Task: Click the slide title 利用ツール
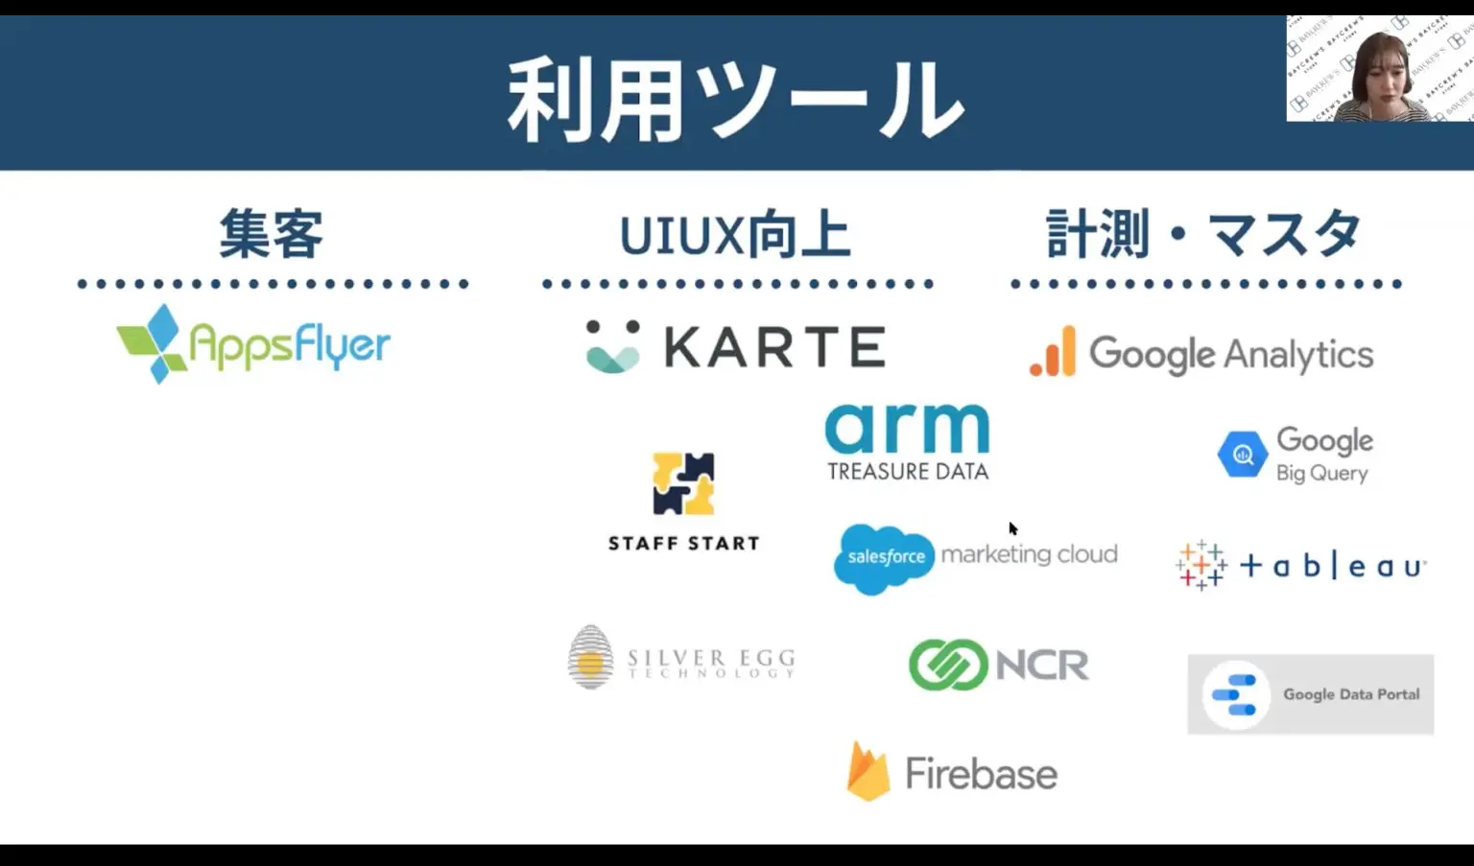pyautogui.click(x=735, y=99)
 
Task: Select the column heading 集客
pyautogui.click(x=272, y=234)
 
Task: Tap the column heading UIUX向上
pyautogui.click(x=735, y=235)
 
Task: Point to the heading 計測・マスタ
pyautogui.click(x=1203, y=234)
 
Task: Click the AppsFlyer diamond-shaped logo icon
pyautogui.click(x=154, y=343)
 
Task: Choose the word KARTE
pyautogui.click(x=774, y=346)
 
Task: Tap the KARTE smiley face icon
pyautogui.click(x=612, y=346)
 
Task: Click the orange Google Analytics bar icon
pyautogui.click(x=1054, y=352)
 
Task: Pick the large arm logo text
pyautogui.click(x=907, y=429)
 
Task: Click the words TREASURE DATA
pyautogui.click(x=907, y=472)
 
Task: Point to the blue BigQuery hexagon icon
pyautogui.click(x=1243, y=455)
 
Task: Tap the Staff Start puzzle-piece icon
pyautogui.click(x=683, y=483)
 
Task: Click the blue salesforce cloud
pyautogui.click(x=884, y=557)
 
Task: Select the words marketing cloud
pyautogui.click(x=1029, y=554)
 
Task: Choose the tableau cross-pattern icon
pyautogui.click(x=1201, y=565)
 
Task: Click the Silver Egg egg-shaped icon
pyautogui.click(x=590, y=657)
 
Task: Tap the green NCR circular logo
pyautogui.click(x=947, y=665)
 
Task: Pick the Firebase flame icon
pyautogui.click(x=868, y=771)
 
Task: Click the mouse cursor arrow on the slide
pyautogui.click(x=1012, y=527)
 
